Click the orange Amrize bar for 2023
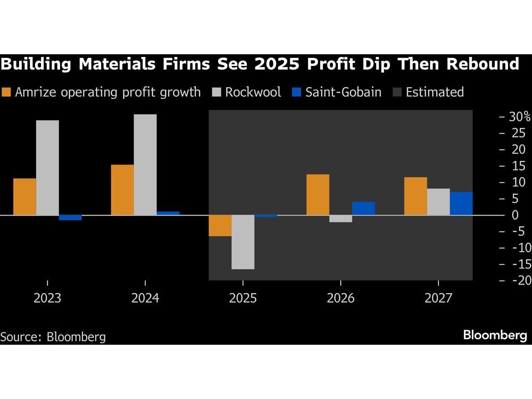25,197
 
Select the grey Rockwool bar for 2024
145,164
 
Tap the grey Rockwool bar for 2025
243,242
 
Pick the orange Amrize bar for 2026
318,195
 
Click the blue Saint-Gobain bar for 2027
461,203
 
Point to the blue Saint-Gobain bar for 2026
363,208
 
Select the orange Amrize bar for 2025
220,226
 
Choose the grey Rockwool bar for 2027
438,202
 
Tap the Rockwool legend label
253,92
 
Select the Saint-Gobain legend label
343,92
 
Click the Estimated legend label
435,92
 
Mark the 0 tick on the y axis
515,215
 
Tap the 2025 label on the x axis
243,298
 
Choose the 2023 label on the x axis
47,298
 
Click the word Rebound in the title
483,64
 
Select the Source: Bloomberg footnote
53,337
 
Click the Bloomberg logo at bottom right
495,335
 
